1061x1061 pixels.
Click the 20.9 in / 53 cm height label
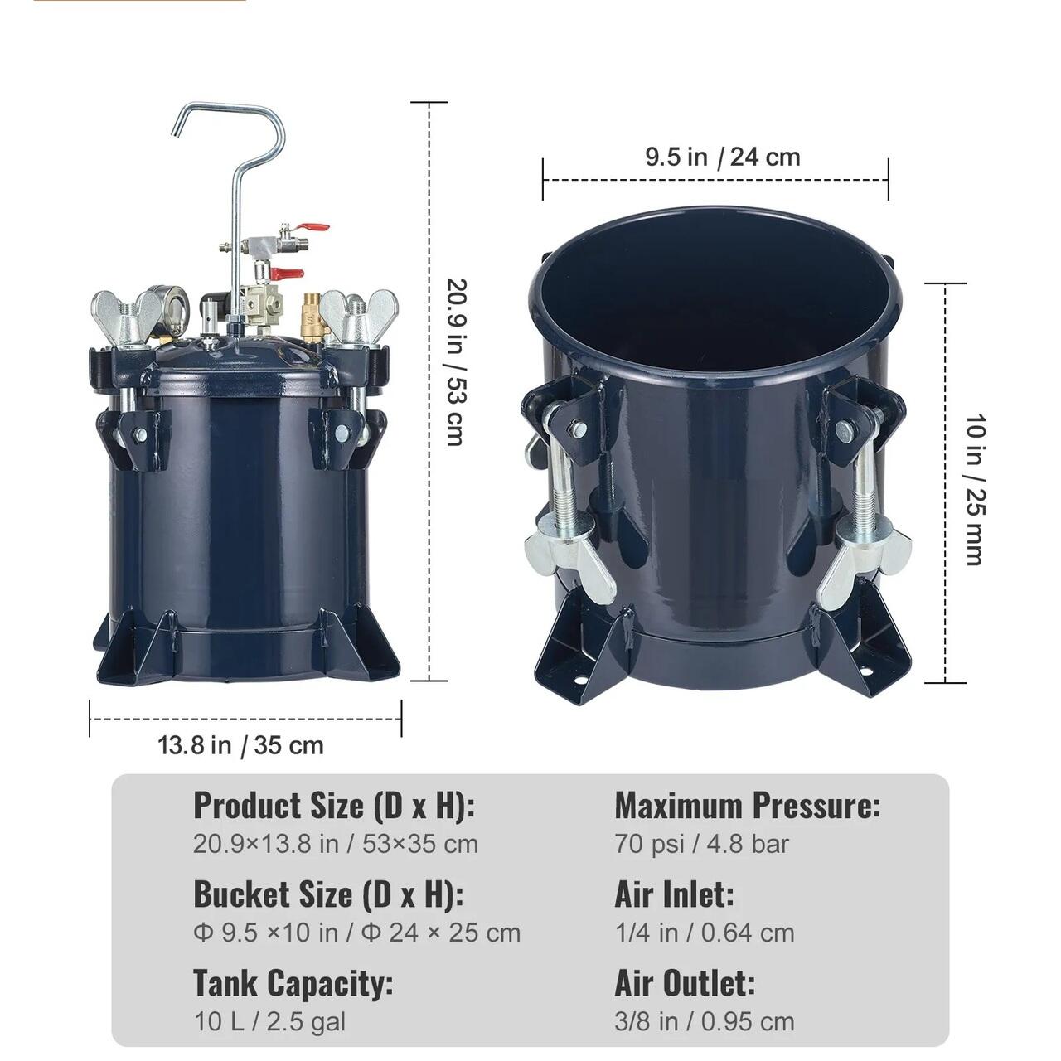click(x=457, y=361)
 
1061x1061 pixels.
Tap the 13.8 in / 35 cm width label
click(x=240, y=746)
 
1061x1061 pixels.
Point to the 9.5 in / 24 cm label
click(x=722, y=157)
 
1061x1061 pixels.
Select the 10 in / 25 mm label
click(x=975, y=490)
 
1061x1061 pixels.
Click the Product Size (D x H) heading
click(x=334, y=806)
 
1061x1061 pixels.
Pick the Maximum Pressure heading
click(x=747, y=806)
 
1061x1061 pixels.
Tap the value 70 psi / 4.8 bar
click(x=701, y=844)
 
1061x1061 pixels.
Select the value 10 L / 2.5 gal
click(x=269, y=1022)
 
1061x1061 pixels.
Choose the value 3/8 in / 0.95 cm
click(x=705, y=1022)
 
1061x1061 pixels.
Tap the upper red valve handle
click(x=314, y=227)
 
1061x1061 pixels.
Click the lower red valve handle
click(x=288, y=272)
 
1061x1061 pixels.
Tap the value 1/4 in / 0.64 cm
click(x=705, y=933)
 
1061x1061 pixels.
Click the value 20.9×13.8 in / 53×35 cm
click(x=336, y=844)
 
